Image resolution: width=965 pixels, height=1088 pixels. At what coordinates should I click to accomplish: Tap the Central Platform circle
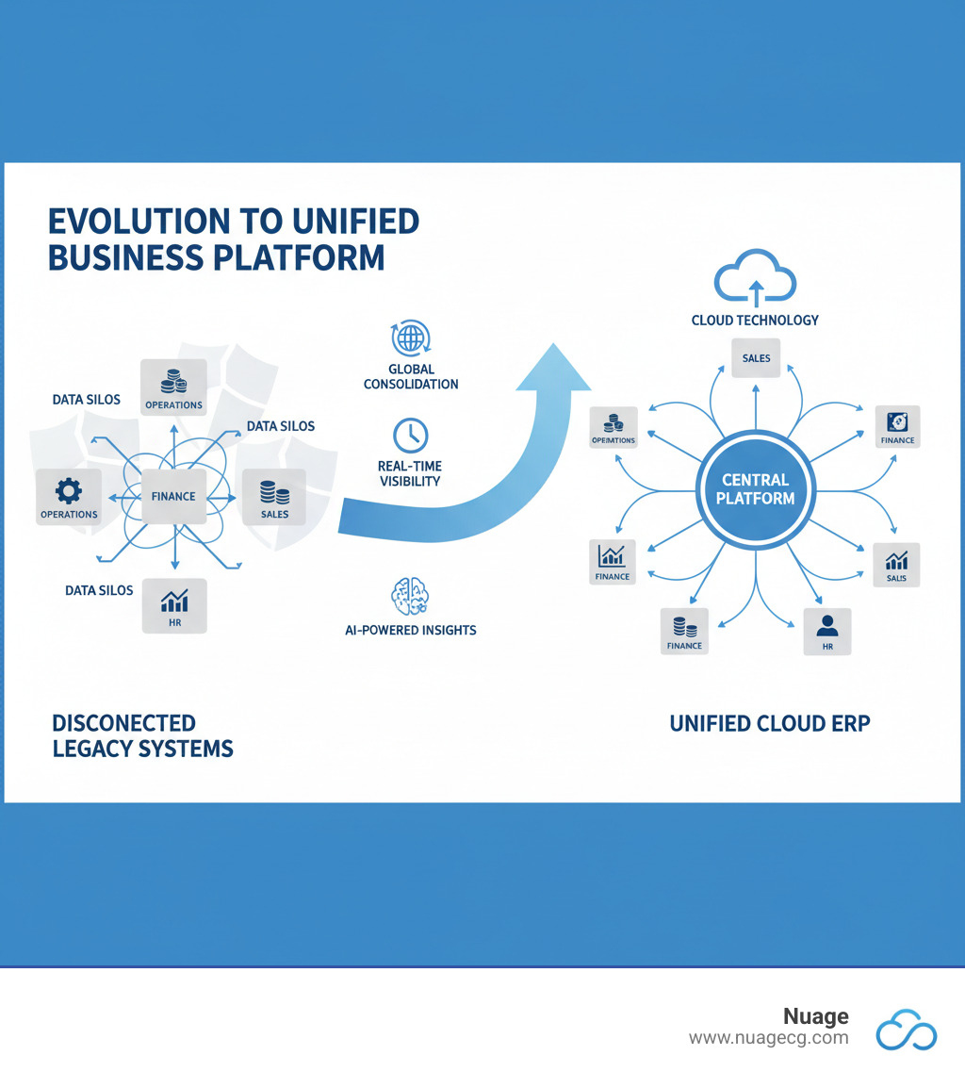pyautogui.click(x=754, y=488)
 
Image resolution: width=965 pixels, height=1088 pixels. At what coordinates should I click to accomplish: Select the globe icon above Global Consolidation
pyautogui.click(x=409, y=338)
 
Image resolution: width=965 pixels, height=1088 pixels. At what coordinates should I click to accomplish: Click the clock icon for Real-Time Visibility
pyautogui.click(x=410, y=435)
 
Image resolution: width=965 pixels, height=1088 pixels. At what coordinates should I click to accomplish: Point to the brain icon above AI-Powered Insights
pyautogui.click(x=410, y=598)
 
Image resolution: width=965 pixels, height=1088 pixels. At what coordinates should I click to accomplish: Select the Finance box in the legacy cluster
pyautogui.click(x=173, y=495)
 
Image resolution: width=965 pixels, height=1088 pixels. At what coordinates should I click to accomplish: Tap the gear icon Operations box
pyautogui.click(x=69, y=498)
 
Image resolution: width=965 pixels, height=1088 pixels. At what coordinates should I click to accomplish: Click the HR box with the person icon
pyautogui.click(x=826, y=632)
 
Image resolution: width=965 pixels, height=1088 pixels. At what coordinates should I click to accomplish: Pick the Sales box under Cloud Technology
pyautogui.click(x=756, y=356)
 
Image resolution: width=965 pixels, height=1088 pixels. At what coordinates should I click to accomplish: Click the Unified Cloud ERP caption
pyautogui.click(x=770, y=723)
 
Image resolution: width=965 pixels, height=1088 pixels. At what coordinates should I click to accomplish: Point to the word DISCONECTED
pyautogui.click(x=123, y=723)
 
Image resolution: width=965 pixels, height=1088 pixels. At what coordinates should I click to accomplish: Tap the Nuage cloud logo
pyautogui.click(x=907, y=1029)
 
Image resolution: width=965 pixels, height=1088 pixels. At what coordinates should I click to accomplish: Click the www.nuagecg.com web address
pyautogui.click(x=768, y=1038)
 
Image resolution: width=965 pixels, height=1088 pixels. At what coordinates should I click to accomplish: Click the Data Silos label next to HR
pyautogui.click(x=99, y=590)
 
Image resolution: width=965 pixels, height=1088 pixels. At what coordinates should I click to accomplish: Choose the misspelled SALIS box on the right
pyautogui.click(x=896, y=565)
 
